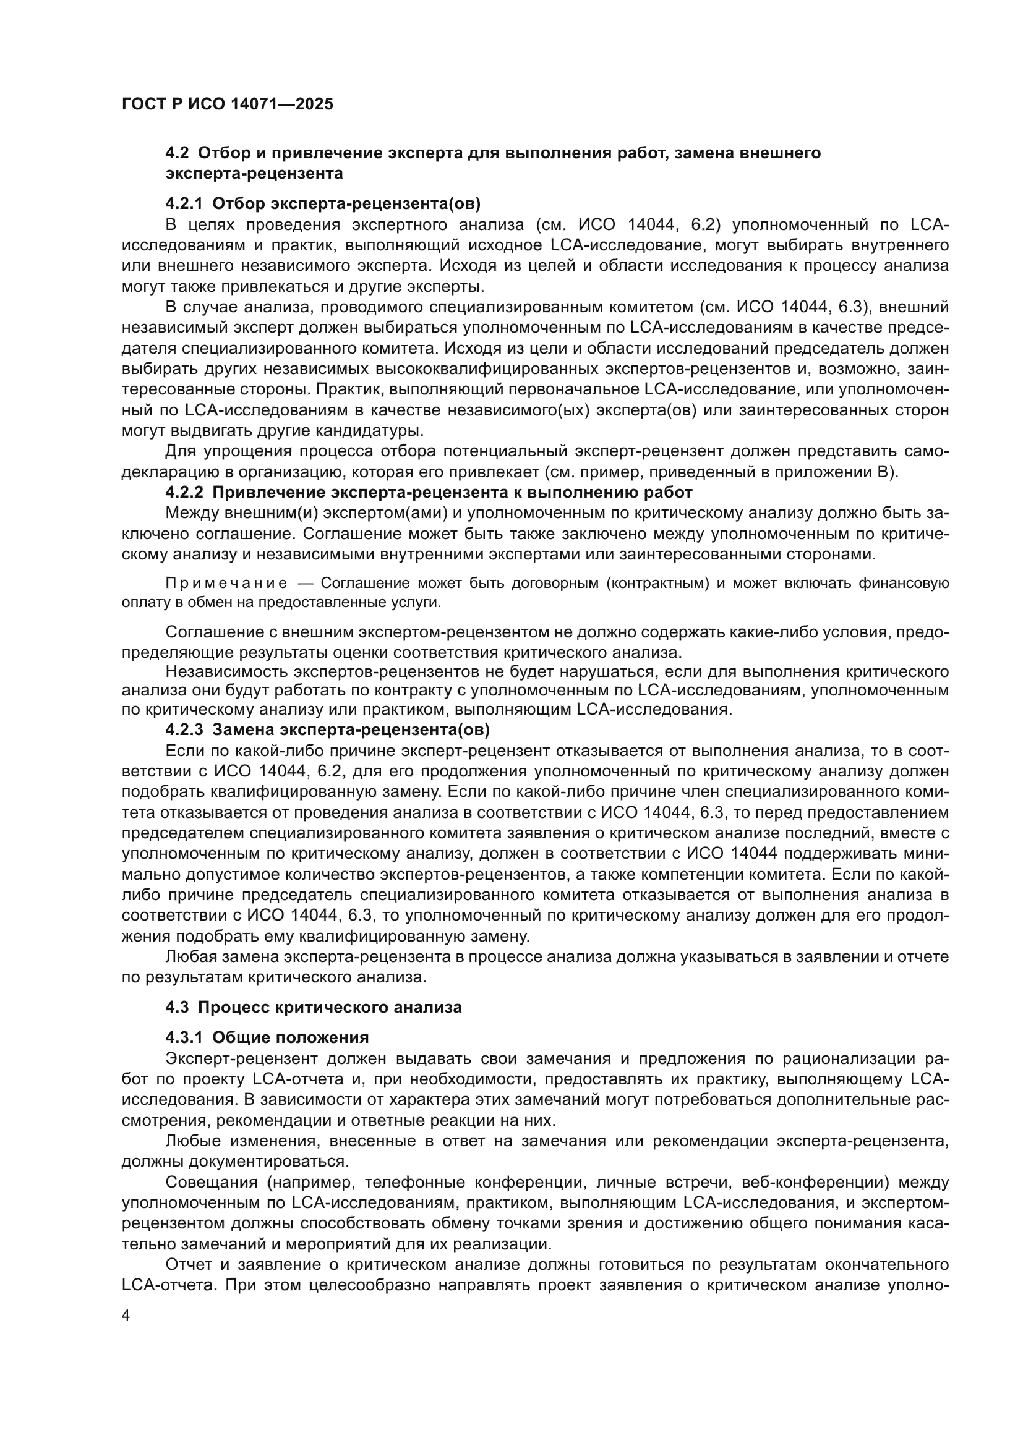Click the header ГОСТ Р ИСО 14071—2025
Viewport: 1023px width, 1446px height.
click(228, 104)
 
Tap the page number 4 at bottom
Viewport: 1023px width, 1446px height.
click(126, 1316)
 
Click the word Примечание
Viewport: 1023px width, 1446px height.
click(226, 583)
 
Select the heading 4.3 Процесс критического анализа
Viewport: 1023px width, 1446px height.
click(313, 1006)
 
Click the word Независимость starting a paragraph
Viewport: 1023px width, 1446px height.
click(228, 671)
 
